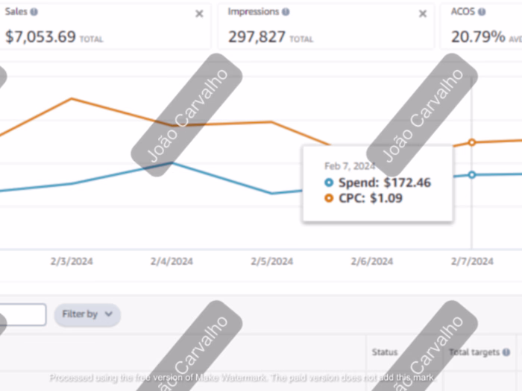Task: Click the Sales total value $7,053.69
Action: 40,36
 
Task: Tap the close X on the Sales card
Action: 199,13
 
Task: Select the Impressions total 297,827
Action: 257,36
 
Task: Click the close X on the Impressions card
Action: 423,13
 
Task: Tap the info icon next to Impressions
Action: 286,13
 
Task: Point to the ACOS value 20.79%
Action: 478,36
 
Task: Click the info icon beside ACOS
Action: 482,13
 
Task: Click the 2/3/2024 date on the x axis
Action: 72,261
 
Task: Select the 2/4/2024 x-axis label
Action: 172,261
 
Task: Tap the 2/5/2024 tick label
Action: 271,261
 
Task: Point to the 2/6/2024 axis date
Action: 371,261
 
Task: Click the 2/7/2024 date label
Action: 472,261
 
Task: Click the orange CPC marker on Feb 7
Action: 471,142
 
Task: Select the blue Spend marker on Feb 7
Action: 471,175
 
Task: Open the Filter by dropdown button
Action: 87,314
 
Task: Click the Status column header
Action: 385,352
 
